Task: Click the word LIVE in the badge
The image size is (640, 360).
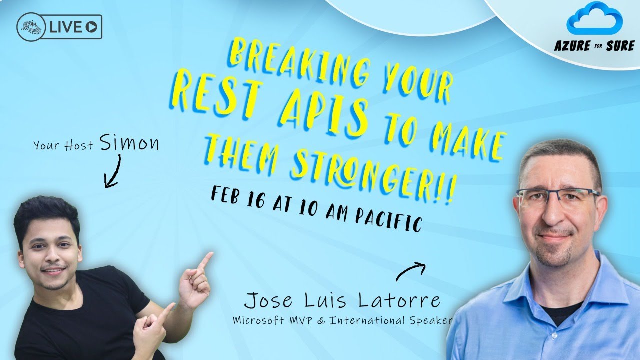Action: (x=65, y=27)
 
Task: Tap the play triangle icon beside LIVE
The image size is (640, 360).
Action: (x=91, y=27)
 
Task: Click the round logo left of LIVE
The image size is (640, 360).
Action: (x=31, y=27)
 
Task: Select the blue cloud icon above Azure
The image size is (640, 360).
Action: (x=594, y=18)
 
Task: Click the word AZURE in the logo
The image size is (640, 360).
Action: (x=572, y=45)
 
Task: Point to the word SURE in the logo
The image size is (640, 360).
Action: (x=620, y=45)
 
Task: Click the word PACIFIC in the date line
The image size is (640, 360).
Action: (x=388, y=220)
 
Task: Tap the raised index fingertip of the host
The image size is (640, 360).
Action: (x=210, y=254)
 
